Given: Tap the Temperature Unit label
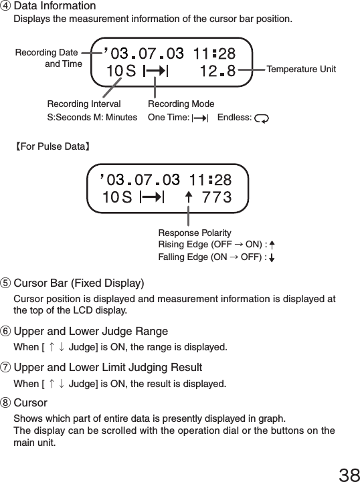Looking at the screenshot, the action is click(301, 70).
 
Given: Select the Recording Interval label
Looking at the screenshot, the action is click(84, 104).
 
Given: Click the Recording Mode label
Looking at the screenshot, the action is click(181, 104).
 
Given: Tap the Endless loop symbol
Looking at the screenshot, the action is click(262, 118).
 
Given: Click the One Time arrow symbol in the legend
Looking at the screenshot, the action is click(199, 118).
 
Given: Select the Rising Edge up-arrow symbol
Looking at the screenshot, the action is click(272, 245).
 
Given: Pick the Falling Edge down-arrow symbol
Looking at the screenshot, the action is click(272, 257).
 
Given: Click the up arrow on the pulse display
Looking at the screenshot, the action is click(188, 197).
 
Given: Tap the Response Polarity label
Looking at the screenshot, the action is click(195, 232).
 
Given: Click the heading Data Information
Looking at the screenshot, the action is click(54, 6).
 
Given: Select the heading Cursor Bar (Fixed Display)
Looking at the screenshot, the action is click(78, 283).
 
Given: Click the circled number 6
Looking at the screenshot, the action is click(7, 332).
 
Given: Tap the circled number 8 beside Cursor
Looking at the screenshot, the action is click(7, 403).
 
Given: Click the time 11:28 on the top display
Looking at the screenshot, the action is click(213, 52).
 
